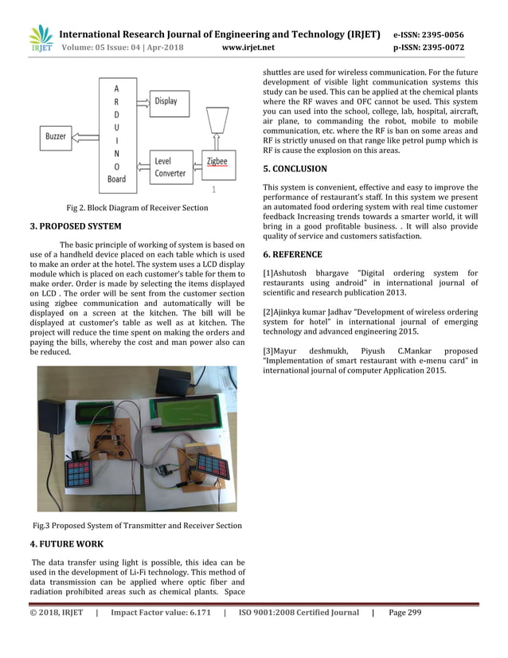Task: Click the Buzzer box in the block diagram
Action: [x=56, y=136]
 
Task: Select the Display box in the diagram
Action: [x=166, y=103]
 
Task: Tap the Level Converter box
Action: [x=170, y=167]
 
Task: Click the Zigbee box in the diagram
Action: [x=217, y=163]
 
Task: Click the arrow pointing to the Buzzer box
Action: [x=87, y=136]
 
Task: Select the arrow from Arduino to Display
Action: [x=140, y=101]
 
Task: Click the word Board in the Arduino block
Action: [x=116, y=179]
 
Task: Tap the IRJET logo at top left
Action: [x=41, y=39]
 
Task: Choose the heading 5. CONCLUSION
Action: [x=295, y=169]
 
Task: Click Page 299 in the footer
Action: [x=405, y=613]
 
